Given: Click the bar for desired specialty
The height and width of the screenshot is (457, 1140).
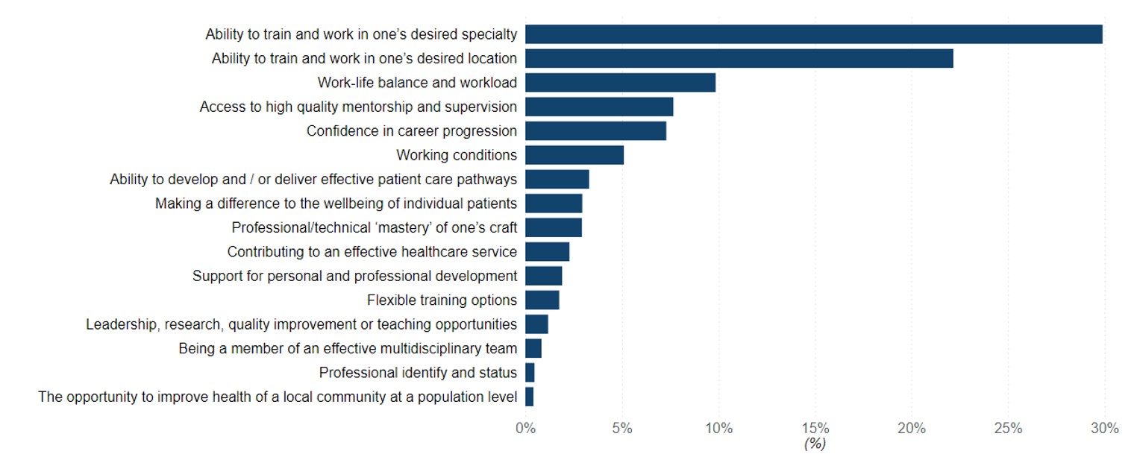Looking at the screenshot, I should click(813, 34).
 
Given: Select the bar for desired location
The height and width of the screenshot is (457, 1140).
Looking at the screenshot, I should click(739, 58).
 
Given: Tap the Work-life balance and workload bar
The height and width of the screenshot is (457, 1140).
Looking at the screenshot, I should click(620, 83).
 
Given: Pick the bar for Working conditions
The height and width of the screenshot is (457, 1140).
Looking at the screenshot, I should click(574, 155).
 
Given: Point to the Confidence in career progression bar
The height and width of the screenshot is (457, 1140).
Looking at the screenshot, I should click(595, 131).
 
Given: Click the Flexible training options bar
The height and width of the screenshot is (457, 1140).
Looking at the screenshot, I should click(542, 300).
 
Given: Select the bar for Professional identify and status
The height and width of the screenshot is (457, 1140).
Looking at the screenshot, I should click(530, 373).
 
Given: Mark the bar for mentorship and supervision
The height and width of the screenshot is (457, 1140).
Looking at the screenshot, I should click(599, 107).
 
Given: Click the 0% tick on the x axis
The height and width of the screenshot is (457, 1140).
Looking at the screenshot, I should click(525, 429).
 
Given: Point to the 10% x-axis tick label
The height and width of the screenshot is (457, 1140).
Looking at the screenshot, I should click(718, 429).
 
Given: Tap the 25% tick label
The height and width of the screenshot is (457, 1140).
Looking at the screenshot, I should click(1008, 429).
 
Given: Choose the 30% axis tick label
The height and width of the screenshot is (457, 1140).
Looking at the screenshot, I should click(1104, 429).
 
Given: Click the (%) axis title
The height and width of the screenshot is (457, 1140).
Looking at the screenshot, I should click(815, 444).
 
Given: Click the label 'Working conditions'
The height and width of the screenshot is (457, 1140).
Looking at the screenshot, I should click(457, 155).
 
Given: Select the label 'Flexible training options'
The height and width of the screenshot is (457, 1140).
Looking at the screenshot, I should click(442, 300).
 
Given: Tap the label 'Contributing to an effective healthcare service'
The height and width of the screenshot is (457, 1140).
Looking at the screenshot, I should click(372, 252).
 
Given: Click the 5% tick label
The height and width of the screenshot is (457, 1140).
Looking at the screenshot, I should click(622, 429).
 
